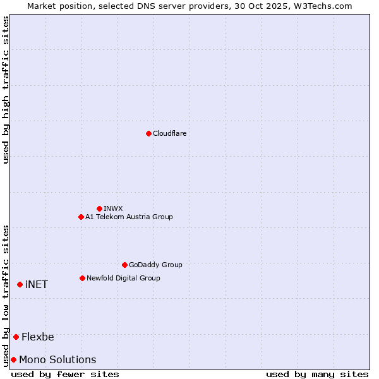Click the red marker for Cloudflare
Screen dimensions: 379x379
[148, 133]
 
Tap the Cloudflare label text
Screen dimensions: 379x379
[169, 133]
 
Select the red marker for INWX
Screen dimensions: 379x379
[99, 208]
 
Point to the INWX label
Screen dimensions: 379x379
[113, 208]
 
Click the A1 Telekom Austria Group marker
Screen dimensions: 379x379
[81, 217]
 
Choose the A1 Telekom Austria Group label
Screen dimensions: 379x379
[129, 217]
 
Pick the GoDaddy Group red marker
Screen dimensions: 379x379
[124, 265]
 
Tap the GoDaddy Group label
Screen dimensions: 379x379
[155, 265]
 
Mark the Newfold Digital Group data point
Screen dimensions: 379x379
[82, 278]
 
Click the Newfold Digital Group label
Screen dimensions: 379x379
[123, 278]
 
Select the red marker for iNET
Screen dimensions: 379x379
[20, 284]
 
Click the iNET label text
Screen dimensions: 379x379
[37, 284]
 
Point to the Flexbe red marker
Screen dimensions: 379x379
[16, 337]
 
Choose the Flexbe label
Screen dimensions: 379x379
[38, 337]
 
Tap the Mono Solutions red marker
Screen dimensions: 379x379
[13, 359]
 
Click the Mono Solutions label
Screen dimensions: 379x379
[57, 359]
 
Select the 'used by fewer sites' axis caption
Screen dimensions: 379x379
[65, 374]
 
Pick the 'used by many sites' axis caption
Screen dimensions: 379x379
[317, 374]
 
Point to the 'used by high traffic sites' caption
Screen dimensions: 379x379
[6, 90]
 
